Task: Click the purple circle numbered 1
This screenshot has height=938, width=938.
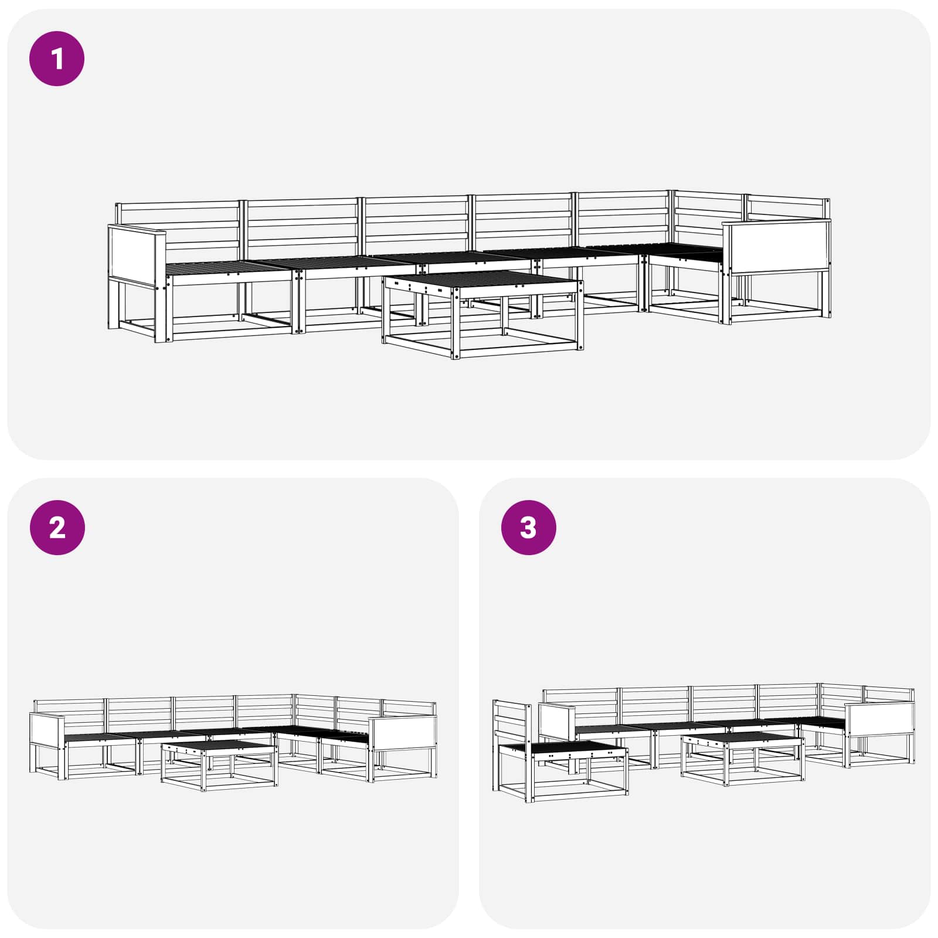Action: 57,59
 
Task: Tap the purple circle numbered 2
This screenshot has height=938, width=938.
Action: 57,528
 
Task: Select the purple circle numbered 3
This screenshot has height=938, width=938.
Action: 528,528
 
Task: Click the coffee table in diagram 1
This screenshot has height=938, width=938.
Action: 483,314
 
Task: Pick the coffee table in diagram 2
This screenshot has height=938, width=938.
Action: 219,765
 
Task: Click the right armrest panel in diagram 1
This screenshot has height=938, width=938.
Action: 777,246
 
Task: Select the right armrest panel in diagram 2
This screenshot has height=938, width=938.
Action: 403,732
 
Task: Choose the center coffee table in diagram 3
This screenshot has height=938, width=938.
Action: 743,759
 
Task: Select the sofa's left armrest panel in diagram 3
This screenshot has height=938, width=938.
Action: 557,723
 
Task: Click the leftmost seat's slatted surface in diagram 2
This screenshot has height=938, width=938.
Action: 100,737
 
